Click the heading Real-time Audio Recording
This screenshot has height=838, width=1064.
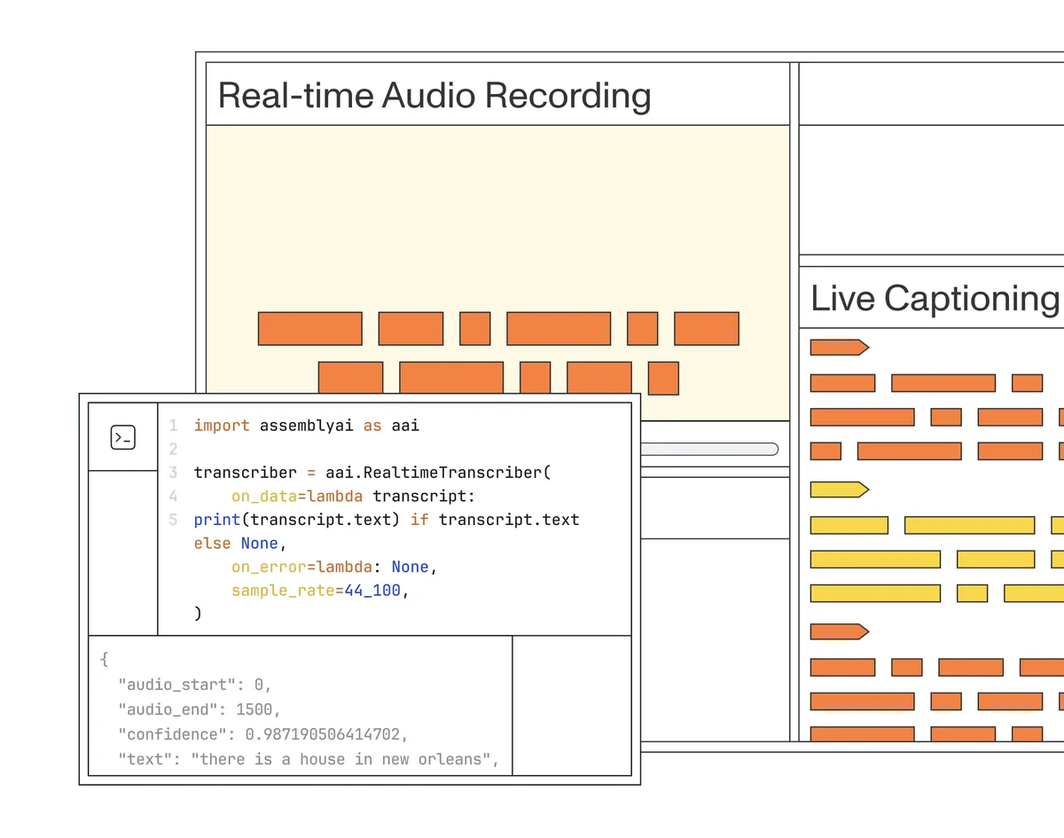click(434, 95)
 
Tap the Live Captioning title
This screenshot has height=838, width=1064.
click(935, 299)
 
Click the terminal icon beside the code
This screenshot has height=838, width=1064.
click(122, 436)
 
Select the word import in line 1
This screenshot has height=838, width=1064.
click(222, 426)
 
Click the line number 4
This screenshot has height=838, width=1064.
click(173, 497)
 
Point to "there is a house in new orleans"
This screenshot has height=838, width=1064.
click(340, 759)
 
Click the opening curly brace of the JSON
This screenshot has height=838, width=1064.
click(104, 659)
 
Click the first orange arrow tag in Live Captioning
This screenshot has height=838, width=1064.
click(838, 347)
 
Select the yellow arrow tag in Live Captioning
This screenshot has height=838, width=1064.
click(838, 489)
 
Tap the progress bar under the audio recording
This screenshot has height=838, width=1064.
click(707, 449)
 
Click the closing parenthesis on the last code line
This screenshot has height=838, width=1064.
click(198, 613)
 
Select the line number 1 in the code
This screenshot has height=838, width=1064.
click(173, 426)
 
